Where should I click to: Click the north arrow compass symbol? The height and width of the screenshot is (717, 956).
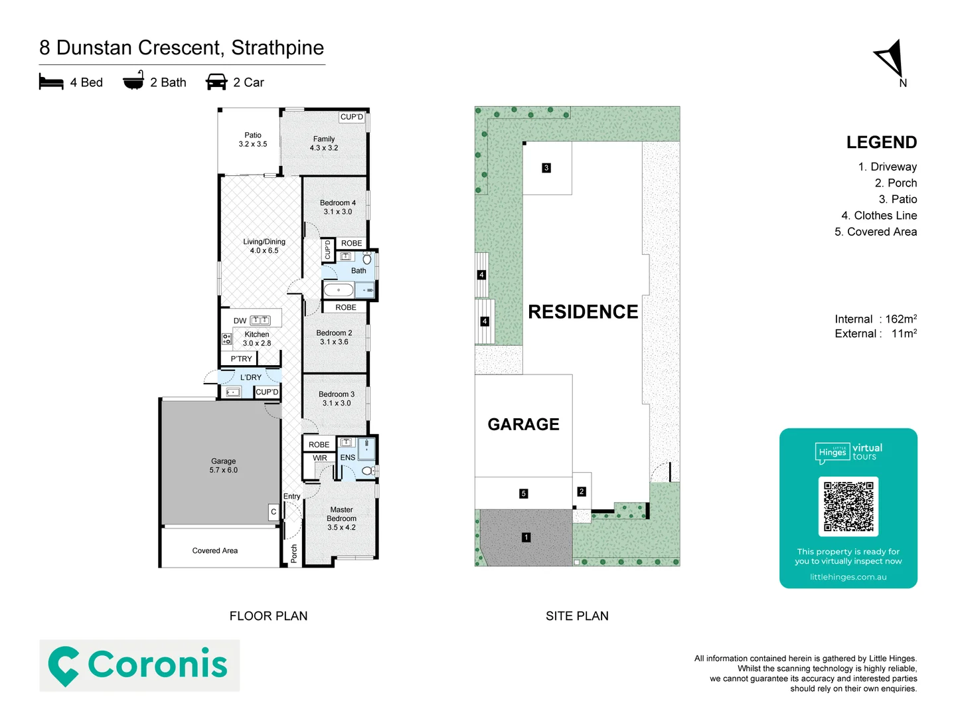pyautogui.click(x=891, y=60)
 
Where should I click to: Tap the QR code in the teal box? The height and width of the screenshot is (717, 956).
pyautogui.click(x=848, y=507)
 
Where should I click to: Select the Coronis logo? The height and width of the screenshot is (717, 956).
pyautogui.click(x=139, y=665)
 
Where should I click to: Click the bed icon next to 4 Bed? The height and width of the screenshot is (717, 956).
pyautogui.click(x=51, y=82)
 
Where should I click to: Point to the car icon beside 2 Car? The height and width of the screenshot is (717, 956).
pyautogui.click(x=216, y=82)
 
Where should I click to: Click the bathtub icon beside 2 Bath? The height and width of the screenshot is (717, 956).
pyautogui.click(x=133, y=81)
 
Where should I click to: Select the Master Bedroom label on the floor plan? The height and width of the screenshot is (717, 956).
pyautogui.click(x=341, y=518)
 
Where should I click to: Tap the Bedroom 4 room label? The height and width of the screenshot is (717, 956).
pyautogui.click(x=337, y=207)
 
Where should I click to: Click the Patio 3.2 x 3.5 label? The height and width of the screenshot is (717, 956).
pyautogui.click(x=253, y=139)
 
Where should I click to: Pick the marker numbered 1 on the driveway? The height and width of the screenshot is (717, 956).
pyautogui.click(x=526, y=537)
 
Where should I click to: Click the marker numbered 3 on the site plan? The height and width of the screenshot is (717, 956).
pyautogui.click(x=546, y=168)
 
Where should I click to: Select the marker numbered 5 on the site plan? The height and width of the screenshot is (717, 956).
pyautogui.click(x=523, y=493)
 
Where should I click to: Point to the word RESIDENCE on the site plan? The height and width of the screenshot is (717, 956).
pyautogui.click(x=583, y=312)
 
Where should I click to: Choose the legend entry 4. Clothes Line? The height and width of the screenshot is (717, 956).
pyautogui.click(x=878, y=216)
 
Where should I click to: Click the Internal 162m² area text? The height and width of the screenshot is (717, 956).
pyautogui.click(x=875, y=319)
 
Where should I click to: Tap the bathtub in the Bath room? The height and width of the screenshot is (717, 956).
pyautogui.click(x=339, y=290)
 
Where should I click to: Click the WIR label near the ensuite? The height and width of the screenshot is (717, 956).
pyautogui.click(x=320, y=458)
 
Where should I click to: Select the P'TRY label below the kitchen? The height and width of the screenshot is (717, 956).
pyautogui.click(x=241, y=359)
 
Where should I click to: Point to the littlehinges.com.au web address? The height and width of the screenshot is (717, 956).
pyautogui.click(x=848, y=577)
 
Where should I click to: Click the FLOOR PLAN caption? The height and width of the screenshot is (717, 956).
pyautogui.click(x=268, y=616)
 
